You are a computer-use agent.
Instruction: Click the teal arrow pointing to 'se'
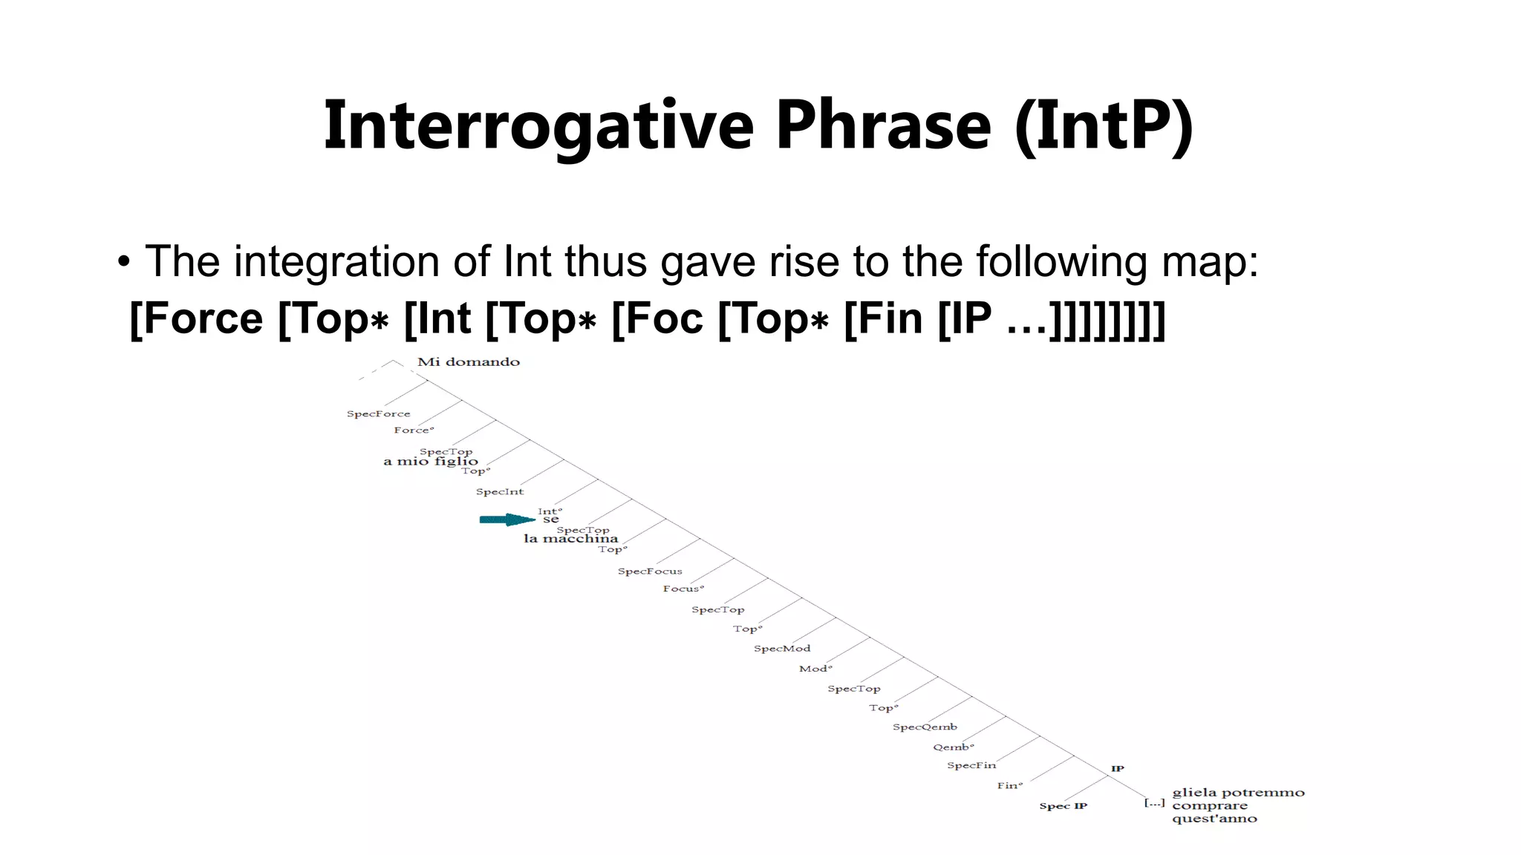(x=507, y=520)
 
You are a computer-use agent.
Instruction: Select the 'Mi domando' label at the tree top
(x=469, y=362)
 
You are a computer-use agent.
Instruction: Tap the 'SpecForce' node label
(x=378, y=414)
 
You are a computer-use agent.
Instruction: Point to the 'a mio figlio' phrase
(x=430, y=462)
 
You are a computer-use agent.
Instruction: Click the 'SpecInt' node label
(x=499, y=492)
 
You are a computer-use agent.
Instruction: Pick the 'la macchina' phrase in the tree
(x=570, y=539)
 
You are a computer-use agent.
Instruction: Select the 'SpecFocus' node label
(x=650, y=571)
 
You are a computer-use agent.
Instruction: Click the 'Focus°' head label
(x=683, y=589)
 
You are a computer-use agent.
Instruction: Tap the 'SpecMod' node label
(x=782, y=649)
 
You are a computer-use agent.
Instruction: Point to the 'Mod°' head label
(x=815, y=669)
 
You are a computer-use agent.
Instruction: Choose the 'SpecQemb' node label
(x=925, y=727)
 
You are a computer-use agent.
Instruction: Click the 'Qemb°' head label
(x=953, y=747)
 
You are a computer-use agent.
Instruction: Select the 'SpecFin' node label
(x=971, y=765)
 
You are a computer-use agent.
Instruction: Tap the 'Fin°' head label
(x=1009, y=785)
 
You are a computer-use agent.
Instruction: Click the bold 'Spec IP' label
(x=1063, y=806)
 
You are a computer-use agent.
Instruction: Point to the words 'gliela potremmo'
(x=1238, y=793)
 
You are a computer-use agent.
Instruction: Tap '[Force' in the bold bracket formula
(x=196, y=319)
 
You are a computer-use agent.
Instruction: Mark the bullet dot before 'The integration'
(x=123, y=262)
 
